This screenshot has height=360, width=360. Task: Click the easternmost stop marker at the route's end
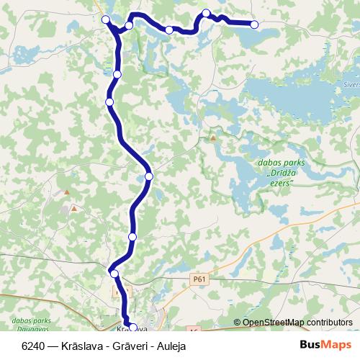(x=254, y=24)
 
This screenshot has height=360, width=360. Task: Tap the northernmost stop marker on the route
(x=206, y=13)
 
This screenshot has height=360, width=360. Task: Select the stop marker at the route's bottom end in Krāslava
(x=132, y=328)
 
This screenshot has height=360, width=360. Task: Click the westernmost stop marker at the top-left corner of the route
(x=106, y=19)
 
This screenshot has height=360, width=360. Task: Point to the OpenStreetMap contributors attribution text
(x=293, y=322)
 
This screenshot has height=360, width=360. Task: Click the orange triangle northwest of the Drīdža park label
(x=212, y=137)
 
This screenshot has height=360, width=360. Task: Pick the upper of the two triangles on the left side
(x=66, y=193)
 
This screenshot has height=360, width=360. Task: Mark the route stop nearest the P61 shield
(x=113, y=273)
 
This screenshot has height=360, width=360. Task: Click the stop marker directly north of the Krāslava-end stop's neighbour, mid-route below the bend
(x=132, y=237)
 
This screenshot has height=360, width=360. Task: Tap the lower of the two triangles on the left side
(x=73, y=209)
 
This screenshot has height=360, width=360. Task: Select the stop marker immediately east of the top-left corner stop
(x=129, y=26)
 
